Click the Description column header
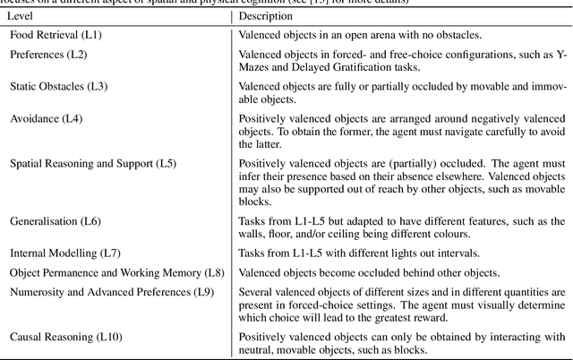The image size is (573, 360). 266,16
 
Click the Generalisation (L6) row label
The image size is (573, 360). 55,220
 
